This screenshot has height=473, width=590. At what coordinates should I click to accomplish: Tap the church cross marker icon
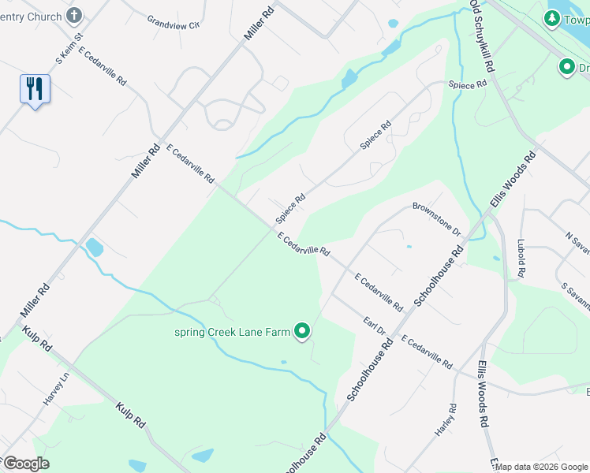click(74, 15)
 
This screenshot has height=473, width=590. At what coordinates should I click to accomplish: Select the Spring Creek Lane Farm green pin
click(302, 332)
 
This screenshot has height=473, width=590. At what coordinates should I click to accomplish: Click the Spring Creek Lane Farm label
click(233, 332)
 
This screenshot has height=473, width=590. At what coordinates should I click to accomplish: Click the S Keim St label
click(69, 49)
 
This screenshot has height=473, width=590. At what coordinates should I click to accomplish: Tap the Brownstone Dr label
click(435, 219)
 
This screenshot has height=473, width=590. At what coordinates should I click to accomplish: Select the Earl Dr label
click(374, 325)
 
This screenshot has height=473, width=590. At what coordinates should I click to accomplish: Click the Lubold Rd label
click(521, 258)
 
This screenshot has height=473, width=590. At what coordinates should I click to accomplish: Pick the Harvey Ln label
click(52, 389)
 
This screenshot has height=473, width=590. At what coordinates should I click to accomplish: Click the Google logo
click(25, 464)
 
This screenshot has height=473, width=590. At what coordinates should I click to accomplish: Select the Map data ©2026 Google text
click(541, 467)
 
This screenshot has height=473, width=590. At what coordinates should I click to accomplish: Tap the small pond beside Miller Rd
click(94, 248)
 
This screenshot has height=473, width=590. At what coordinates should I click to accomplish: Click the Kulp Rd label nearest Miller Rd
click(37, 339)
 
